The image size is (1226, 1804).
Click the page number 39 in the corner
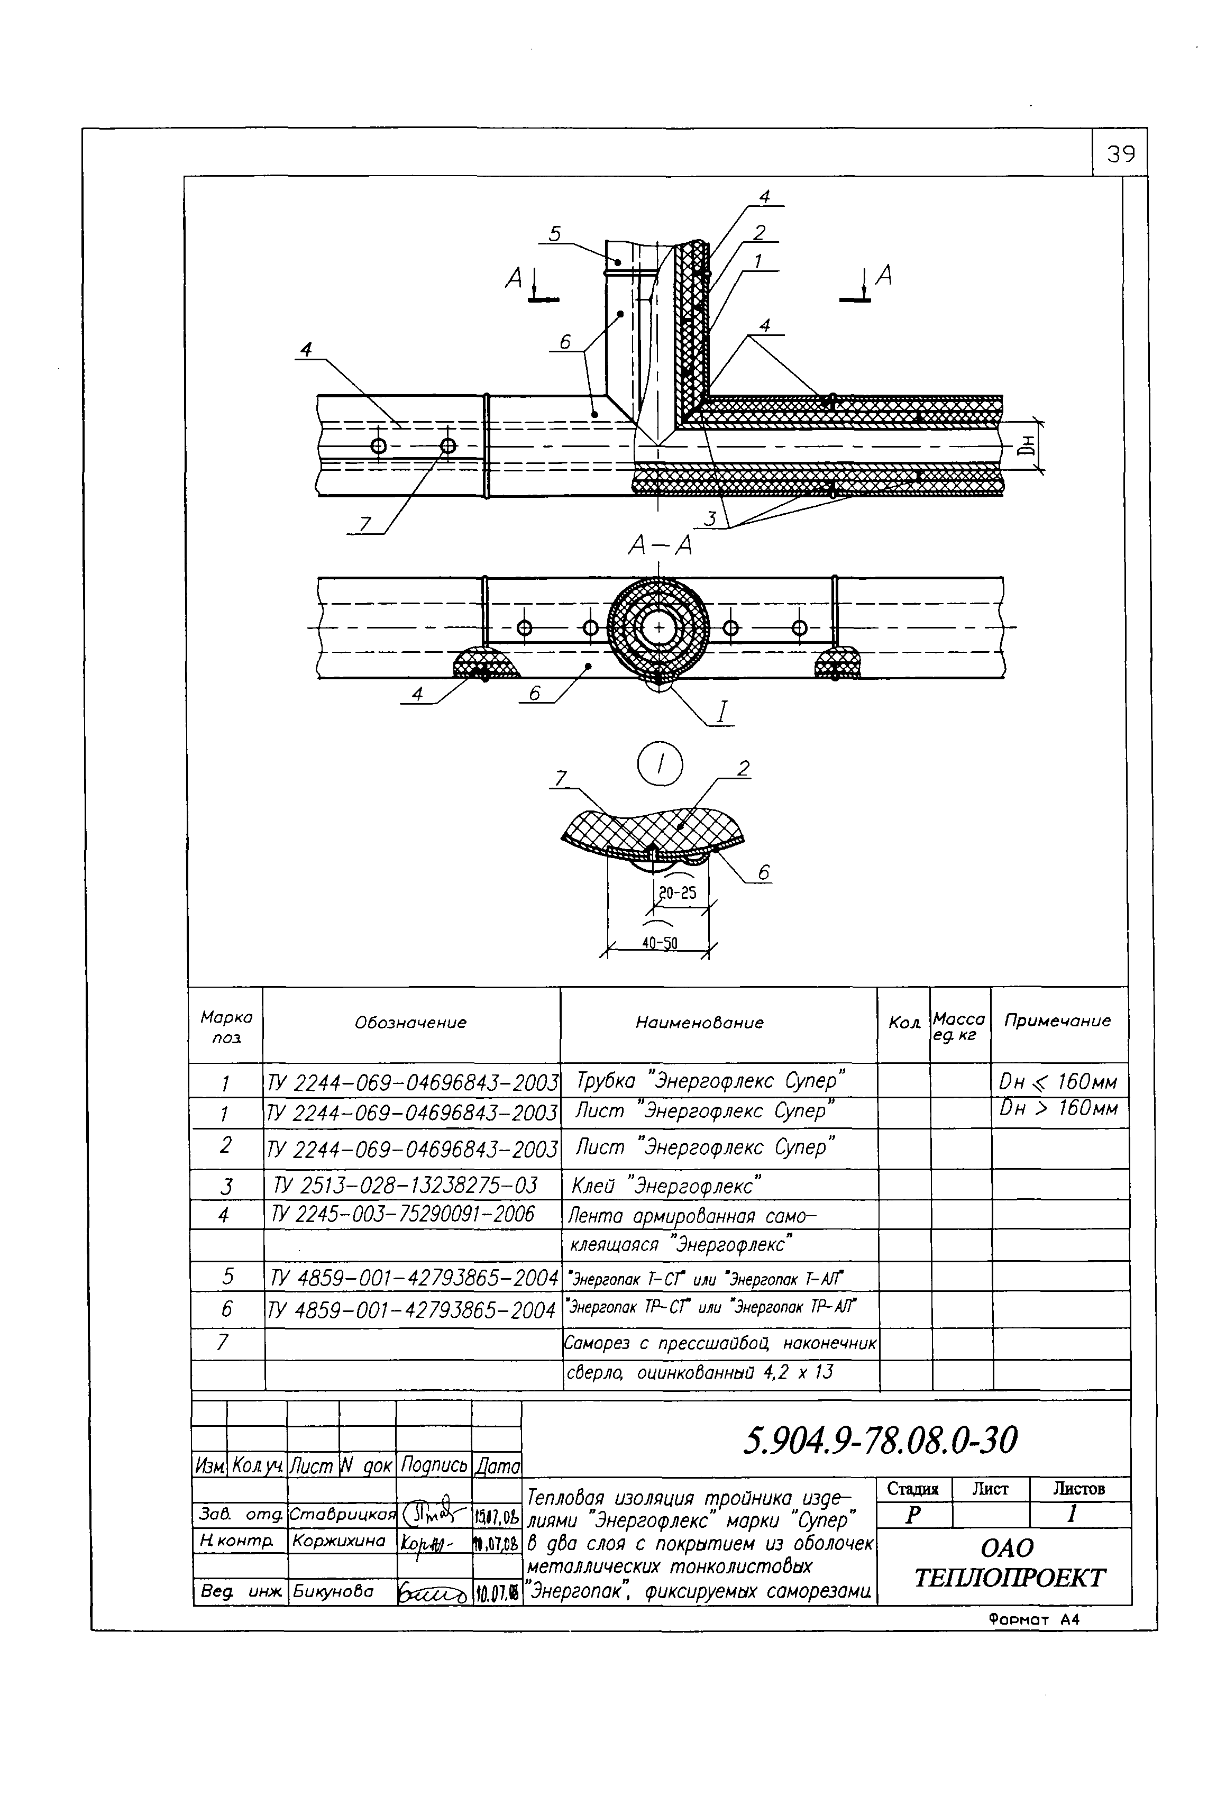(x=1120, y=154)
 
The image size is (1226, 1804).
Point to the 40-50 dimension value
(x=659, y=944)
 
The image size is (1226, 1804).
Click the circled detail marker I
(x=660, y=766)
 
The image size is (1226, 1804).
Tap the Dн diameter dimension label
(x=1028, y=445)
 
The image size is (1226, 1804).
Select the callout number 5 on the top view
(x=555, y=234)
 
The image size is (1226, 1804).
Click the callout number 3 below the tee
(x=709, y=518)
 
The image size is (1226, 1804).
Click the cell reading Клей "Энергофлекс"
(x=666, y=1186)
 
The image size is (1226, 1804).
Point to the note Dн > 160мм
(x=1058, y=1108)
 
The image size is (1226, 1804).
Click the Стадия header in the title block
(x=912, y=1489)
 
